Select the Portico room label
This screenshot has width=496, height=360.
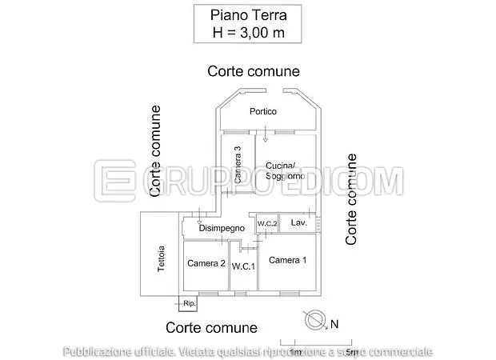click(262, 111)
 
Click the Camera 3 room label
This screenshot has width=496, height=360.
click(238, 164)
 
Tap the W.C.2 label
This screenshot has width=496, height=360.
click(267, 222)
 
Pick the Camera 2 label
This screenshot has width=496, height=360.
click(206, 263)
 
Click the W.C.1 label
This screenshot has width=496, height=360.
click(243, 266)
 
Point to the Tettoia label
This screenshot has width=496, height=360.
click(161, 258)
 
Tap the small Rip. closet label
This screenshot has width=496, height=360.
click(189, 304)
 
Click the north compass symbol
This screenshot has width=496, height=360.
click(315, 320)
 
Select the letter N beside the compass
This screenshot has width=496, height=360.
click(335, 324)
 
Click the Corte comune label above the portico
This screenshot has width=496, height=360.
click(254, 71)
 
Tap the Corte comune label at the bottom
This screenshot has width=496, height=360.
click(212, 327)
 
